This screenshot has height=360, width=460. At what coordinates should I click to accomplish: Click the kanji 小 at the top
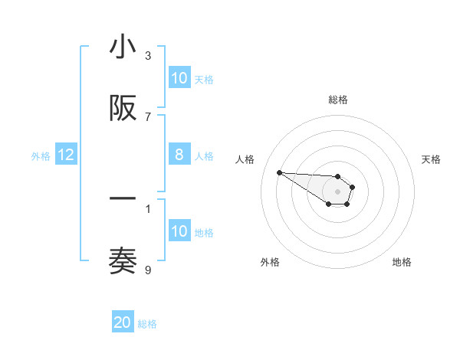coord(123,47)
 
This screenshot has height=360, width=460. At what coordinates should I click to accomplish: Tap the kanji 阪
coord(123,110)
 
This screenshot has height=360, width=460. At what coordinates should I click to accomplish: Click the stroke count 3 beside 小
coord(148,55)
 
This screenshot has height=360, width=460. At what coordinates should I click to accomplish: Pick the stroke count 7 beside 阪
coord(148,116)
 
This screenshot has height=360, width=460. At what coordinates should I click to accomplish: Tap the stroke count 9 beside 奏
coord(148,269)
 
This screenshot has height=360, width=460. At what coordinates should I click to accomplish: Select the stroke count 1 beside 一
coord(148,208)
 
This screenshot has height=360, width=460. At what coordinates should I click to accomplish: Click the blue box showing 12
coord(66,155)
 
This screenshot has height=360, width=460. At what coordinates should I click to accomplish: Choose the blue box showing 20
coord(123,322)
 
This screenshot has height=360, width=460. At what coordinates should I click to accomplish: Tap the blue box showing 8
coord(179,155)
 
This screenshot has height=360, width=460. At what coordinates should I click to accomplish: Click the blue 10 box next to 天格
coord(179,78)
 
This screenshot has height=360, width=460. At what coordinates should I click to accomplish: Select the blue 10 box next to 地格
coord(179,231)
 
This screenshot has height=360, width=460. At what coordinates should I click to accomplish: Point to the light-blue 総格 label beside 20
coord(147,324)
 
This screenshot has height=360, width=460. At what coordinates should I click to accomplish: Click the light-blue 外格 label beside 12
coord(41,156)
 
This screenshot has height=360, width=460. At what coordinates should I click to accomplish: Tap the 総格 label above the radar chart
coord(338,100)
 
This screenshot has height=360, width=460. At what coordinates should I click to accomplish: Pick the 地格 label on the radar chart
coord(402,262)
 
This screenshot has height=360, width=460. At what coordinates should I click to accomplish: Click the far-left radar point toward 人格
coord(279,172)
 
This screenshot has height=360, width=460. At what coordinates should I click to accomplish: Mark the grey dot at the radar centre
coord(338,191)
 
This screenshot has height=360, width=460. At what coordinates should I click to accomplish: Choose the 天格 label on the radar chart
coord(431,159)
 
